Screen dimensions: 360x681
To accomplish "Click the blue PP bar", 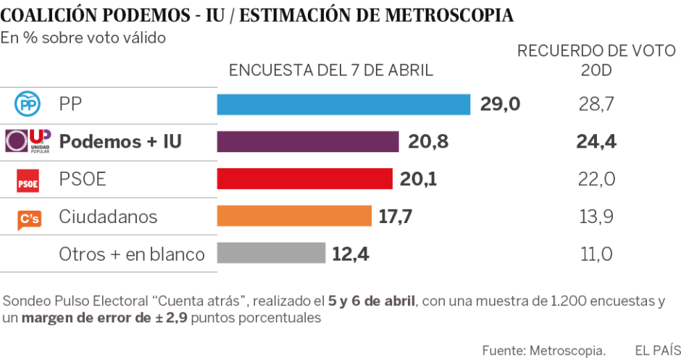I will (343, 104).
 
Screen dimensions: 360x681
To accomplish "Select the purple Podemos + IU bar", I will (308, 142).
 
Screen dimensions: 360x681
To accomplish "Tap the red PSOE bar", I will (304, 179).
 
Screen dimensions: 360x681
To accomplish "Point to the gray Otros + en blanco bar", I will (271, 254).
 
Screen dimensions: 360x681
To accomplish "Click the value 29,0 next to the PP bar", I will (500, 104).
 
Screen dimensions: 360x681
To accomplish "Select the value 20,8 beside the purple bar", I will (427, 142).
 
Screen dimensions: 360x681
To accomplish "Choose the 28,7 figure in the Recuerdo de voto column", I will (596, 104).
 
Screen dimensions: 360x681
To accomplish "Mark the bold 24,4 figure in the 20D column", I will (596, 142).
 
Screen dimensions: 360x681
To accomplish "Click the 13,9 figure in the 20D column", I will (596, 216).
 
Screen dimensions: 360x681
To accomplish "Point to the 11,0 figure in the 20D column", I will (596, 254).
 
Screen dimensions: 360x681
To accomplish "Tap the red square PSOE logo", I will (28, 181).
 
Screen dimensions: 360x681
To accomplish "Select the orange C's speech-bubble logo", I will (29, 218).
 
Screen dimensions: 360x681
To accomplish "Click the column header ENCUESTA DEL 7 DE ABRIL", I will (331, 70).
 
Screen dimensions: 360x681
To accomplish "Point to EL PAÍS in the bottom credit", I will (653, 350).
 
